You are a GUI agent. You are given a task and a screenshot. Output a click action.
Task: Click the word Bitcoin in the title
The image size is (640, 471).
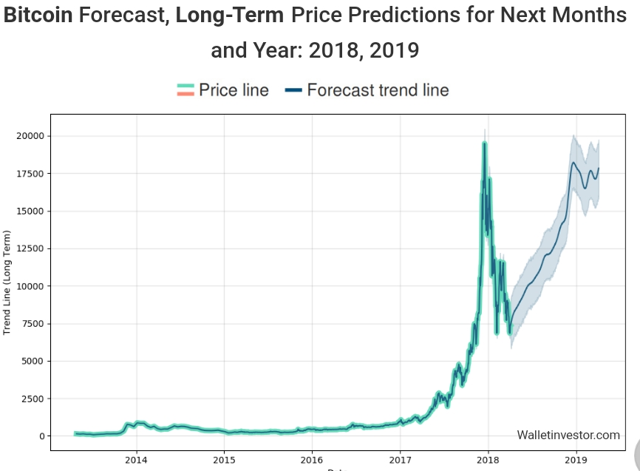(38, 16)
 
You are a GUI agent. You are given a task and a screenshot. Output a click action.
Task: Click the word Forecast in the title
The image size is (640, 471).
(123, 16)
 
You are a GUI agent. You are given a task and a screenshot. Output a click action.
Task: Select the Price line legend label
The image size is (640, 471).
(234, 90)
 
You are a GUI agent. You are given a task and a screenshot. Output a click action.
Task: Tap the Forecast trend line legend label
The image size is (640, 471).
(378, 90)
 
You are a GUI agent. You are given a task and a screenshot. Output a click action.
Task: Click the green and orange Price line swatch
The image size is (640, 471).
(185, 90)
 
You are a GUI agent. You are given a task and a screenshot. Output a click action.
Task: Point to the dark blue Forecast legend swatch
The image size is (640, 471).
(293, 90)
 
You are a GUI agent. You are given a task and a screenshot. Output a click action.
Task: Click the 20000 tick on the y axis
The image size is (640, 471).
(30, 136)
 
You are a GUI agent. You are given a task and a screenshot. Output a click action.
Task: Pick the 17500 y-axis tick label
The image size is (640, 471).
(30, 174)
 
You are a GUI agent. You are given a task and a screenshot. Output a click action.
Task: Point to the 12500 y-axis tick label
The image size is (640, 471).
(30, 248)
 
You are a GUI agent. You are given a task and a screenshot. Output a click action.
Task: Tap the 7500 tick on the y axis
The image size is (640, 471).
(33, 324)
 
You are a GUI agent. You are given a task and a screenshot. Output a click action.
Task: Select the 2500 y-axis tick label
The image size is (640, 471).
(33, 399)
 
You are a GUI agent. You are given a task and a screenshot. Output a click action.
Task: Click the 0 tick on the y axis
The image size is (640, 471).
(41, 436)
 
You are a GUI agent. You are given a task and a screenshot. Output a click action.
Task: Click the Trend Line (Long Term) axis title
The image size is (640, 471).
(7, 282)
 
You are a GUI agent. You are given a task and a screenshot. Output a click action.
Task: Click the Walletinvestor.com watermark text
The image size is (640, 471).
(568, 436)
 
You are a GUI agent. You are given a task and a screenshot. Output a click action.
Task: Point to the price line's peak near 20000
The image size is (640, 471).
(484, 143)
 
